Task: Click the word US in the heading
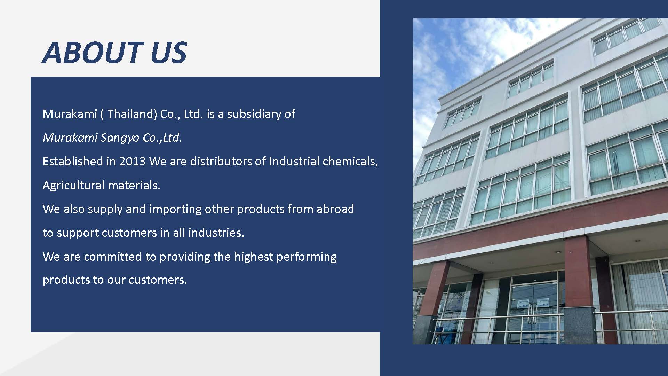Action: pyautogui.click(x=169, y=53)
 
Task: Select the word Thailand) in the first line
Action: pyautogui.click(x=132, y=114)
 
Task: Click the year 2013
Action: pyautogui.click(x=132, y=162)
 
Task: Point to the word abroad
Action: pyautogui.click(x=335, y=209)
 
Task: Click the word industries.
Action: pyautogui.click(x=216, y=233)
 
